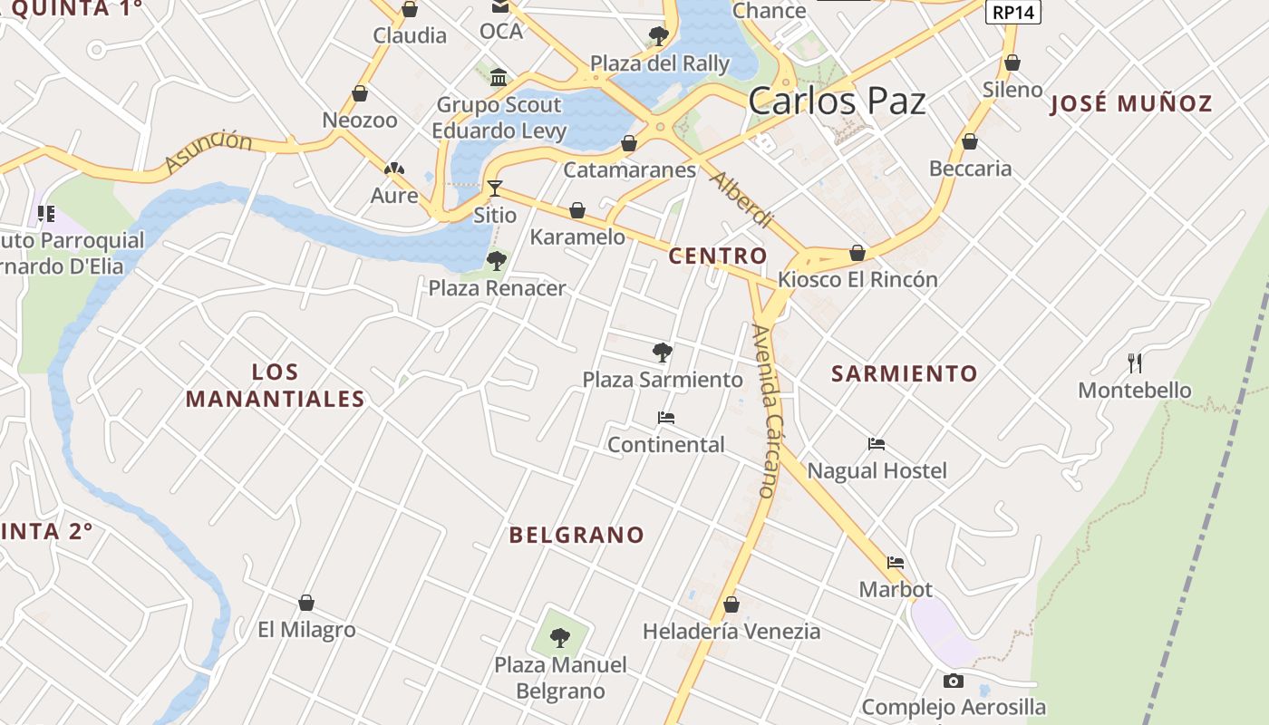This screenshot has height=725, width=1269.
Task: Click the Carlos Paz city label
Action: coord(837,100)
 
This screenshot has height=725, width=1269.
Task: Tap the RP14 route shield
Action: coord(1012,12)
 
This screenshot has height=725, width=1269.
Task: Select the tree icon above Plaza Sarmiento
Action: coord(663,352)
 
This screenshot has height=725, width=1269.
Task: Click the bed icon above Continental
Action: coord(666,418)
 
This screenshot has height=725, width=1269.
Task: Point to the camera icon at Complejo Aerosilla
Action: coord(953,681)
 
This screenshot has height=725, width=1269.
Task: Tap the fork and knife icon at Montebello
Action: coord(1134,363)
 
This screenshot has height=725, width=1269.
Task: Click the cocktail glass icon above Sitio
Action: coord(495,188)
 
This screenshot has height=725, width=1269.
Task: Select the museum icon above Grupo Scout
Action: coord(499,77)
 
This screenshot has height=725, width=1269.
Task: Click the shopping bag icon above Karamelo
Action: coord(577,211)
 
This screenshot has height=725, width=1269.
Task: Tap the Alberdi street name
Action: coord(741,198)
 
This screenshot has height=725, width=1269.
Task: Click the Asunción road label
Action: coord(209,150)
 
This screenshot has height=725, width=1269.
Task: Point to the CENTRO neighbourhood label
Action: coord(718,256)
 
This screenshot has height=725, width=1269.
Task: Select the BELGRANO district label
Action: coord(576,535)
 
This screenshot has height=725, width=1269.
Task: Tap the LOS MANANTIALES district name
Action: coord(275,385)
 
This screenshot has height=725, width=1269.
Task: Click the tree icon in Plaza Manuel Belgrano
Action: coord(560,637)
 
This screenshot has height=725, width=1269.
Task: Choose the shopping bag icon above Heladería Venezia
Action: coord(731,604)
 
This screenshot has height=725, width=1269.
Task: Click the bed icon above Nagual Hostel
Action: coord(876,444)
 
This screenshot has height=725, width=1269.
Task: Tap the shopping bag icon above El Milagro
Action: coord(306,603)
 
